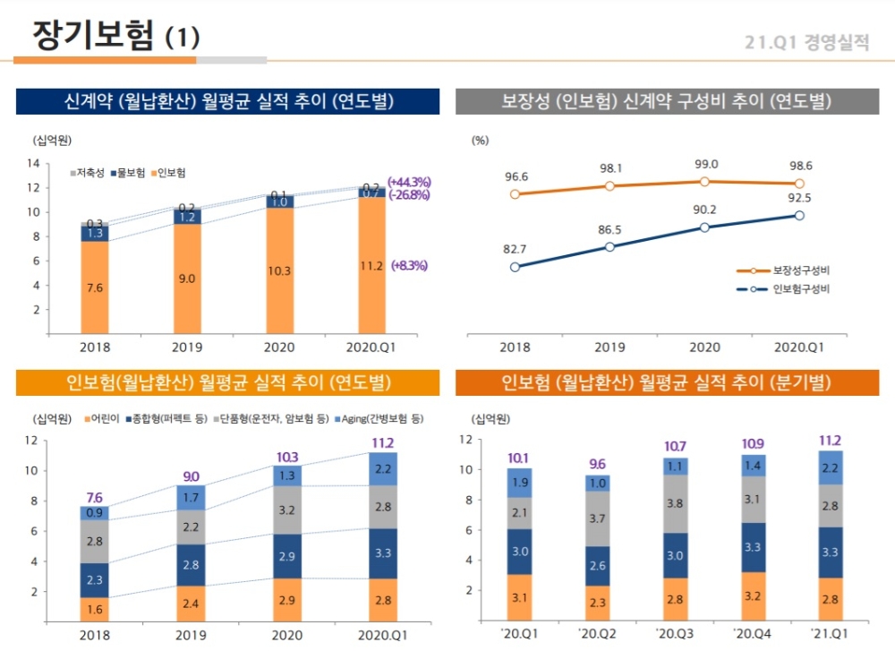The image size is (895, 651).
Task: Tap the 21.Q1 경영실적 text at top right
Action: point(807,43)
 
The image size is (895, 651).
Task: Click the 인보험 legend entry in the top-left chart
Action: point(169,172)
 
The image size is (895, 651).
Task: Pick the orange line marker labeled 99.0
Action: point(705,181)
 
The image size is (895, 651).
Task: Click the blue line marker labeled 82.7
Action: point(515,267)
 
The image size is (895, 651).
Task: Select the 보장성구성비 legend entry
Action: point(788,270)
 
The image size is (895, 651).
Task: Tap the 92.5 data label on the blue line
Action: point(799,198)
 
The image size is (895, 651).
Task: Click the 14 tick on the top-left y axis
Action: point(34,163)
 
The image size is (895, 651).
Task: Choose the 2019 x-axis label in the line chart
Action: point(609,348)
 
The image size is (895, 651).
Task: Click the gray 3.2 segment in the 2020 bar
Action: point(286,510)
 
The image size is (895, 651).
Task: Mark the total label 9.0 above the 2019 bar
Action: point(191,476)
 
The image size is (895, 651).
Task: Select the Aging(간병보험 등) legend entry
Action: point(379,418)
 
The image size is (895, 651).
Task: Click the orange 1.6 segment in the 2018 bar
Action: point(95,609)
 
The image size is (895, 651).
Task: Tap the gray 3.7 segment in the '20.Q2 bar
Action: point(599,518)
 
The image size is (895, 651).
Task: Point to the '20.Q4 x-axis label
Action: point(752,632)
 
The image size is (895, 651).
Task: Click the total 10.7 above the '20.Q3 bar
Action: point(676,446)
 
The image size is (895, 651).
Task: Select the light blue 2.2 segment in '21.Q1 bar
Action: point(829,467)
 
